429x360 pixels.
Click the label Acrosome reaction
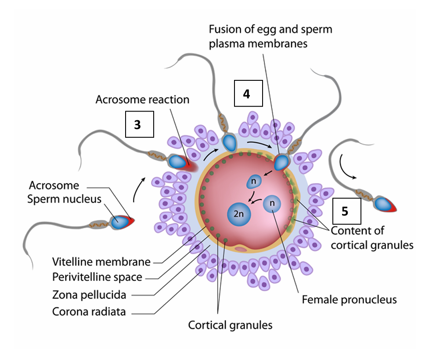coord(142,100)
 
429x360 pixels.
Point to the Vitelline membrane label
coord(101,262)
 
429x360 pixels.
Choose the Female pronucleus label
coord(349,300)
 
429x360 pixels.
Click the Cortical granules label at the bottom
coord(230,325)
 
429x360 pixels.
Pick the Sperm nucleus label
coord(64,199)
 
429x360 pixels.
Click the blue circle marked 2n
coord(238,215)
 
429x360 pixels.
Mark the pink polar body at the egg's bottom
coord(241,249)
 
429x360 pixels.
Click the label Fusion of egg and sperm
coord(270,30)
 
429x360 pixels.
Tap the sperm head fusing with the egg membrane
coord(281,163)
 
